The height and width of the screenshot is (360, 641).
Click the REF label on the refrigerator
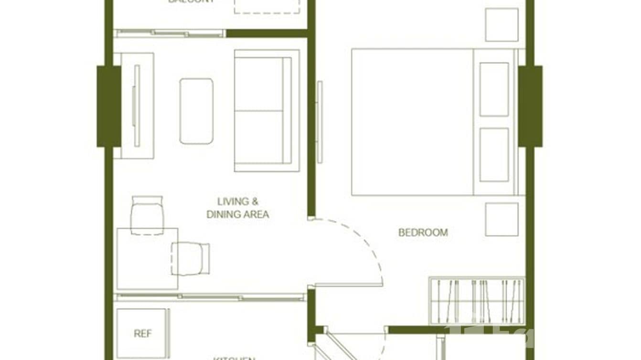[142, 334]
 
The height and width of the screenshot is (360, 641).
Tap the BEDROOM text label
[423, 233]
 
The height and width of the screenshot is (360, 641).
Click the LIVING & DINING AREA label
[237, 208]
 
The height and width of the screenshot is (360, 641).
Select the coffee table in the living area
[196, 111]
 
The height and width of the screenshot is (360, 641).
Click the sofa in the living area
[267, 111]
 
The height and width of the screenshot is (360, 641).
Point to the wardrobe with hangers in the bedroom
[477, 301]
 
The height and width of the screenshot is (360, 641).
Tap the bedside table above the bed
[502, 25]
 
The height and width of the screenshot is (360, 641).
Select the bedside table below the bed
[502, 219]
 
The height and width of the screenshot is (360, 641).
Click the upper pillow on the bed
[494, 89]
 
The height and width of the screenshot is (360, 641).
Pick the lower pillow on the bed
[494, 154]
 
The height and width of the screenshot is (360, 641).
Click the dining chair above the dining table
[147, 215]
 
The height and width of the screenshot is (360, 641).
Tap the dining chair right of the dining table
[191, 258]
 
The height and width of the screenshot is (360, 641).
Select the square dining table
[147, 258]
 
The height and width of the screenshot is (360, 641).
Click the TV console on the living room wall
[137, 106]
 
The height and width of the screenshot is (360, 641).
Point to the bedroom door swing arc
[368, 248]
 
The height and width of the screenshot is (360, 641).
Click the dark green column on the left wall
[108, 106]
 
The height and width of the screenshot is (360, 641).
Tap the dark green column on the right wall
[530, 106]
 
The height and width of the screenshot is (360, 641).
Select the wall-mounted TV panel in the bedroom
[320, 122]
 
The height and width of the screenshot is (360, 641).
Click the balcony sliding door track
[170, 33]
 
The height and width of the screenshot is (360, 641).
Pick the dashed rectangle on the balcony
[267, 6]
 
